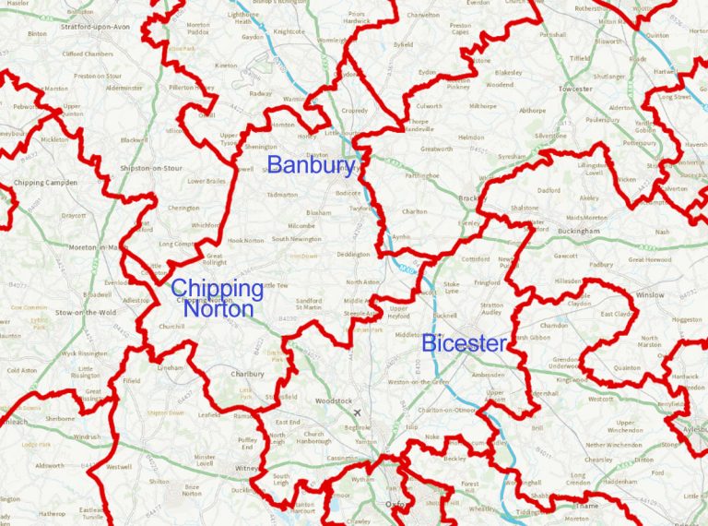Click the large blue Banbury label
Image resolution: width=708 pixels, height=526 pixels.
(311, 166)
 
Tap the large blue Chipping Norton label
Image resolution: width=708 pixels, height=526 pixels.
(218, 298)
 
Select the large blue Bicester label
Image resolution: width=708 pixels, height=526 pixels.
(464, 344)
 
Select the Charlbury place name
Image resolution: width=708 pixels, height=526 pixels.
(247, 375)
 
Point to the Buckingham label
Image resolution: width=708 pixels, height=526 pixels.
(579, 231)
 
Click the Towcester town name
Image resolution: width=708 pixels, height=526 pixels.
(574, 89)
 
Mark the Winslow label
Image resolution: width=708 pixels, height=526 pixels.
(649, 295)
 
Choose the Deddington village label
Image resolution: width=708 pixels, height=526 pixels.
(353, 254)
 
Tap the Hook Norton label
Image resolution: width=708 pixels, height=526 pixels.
(245, 240)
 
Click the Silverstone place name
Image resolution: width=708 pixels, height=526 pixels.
(551, 136)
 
